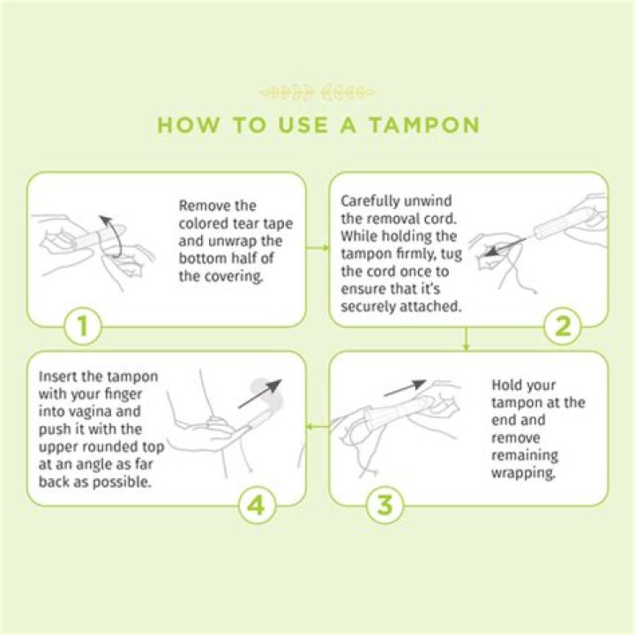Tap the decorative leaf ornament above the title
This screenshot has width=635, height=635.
click(317, 92)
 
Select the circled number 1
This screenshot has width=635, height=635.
click(82, 328)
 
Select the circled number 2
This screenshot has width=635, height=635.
click(562, 328)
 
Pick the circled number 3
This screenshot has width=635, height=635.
click(385, 506)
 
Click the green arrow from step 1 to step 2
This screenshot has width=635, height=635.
click(317, 248)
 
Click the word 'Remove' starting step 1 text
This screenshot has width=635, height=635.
click(205, 205)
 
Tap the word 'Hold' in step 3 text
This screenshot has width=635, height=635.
click(508, 385)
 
